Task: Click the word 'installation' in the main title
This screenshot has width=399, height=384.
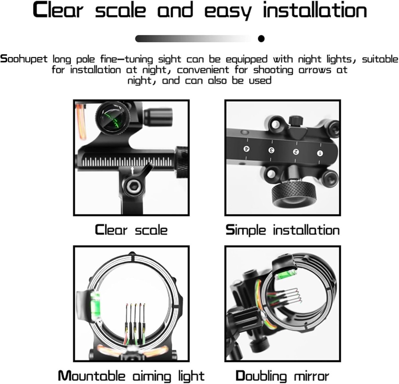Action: click(x=315, y=11)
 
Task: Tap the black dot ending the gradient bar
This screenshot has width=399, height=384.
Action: click(x=261, y=39)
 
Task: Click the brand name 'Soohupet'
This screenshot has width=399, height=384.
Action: click(x=25, y=59)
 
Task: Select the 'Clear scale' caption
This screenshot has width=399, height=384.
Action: click(x=131, y=230)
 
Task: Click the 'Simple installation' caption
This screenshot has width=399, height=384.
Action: click(x=282, y=230)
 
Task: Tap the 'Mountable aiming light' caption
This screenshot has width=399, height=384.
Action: click(x=131, y=376)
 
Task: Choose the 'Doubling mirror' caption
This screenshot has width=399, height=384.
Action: click(x=282, y=376)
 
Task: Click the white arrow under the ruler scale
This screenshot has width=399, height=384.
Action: click(x=133, y=171)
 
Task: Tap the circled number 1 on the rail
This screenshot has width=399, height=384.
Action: click(x=320, y=153)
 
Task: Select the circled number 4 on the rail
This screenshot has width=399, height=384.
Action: click(x=246, y=149)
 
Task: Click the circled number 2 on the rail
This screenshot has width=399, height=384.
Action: click(x=296, y=152)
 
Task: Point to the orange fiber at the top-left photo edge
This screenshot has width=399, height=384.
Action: click(x=81, y=120)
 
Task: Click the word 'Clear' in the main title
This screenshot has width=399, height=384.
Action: click(x=60, y=11)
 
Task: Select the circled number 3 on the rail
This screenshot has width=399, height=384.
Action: click(x=272, y=150)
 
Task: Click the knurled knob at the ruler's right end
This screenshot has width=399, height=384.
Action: click(x=182, y=162)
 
